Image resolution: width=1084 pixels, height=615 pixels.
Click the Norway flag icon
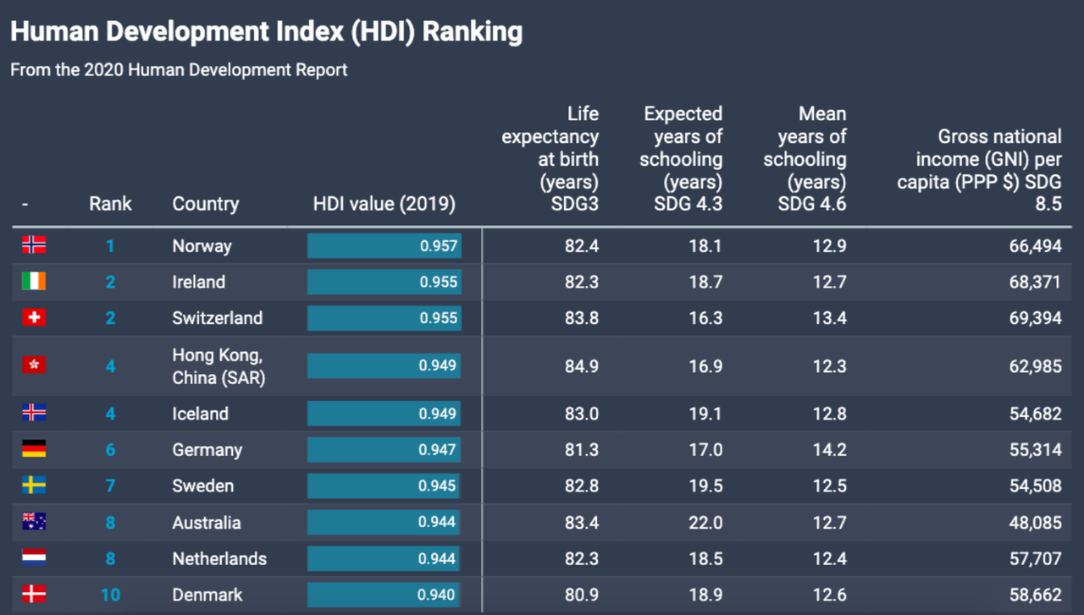click(x=34, y=244)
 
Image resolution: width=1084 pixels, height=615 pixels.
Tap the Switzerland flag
click(x=34, y=317)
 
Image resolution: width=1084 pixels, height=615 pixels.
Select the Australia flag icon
click(x=34, y=521)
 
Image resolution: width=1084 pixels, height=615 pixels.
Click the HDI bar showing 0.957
click(x=384, y=245)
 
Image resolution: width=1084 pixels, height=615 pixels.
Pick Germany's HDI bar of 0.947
click(x=384, y=450)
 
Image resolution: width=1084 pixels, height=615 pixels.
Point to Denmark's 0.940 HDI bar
click(x=384, y=595)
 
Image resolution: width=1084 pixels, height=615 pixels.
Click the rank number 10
click(x=110, y=595)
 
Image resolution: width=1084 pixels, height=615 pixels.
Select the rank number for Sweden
click(x=110, y=486)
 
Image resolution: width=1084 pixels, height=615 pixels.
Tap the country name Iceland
click(x=201, y=414)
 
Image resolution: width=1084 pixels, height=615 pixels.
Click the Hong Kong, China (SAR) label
click(x=218, y=366)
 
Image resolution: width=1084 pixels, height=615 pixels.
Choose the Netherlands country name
click(x=219, y=559)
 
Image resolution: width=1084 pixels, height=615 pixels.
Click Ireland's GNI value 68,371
click(x=1035, y=282)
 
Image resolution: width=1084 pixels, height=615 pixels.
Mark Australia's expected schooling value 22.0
click(x=705, y=523)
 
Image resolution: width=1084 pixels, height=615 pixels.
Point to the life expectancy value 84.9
click(x=582, y=366)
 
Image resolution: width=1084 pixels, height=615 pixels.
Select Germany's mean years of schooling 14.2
click(x=829, y=450)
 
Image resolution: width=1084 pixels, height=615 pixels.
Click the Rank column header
click(x=110, y=204)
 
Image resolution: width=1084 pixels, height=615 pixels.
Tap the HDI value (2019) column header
click(x=384, y=204)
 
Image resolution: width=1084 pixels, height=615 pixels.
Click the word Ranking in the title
click(x=473, y=32)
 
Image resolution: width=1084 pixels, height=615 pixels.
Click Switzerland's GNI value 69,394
click(x=1035, y=318)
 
